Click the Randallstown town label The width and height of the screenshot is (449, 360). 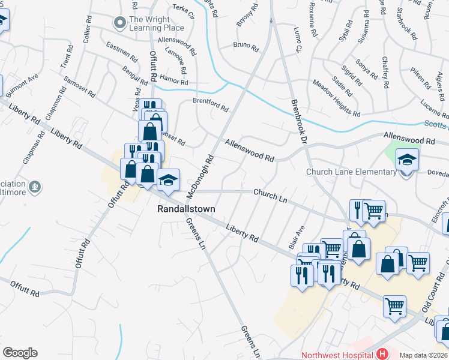(x=185, y=209)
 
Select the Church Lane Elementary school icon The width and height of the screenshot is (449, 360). (x=407, y=160)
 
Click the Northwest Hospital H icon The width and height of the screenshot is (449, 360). (x=381, y=355)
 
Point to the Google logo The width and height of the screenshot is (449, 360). (x=20, y=353)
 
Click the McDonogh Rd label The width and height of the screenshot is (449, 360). (x=201, y=176)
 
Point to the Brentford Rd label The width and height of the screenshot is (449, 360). (x=210, y=104)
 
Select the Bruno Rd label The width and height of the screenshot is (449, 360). (x=246, y=46)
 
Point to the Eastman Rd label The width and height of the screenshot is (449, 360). (x=121, y=52)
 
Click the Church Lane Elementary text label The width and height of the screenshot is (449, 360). (x=351, y=172)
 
